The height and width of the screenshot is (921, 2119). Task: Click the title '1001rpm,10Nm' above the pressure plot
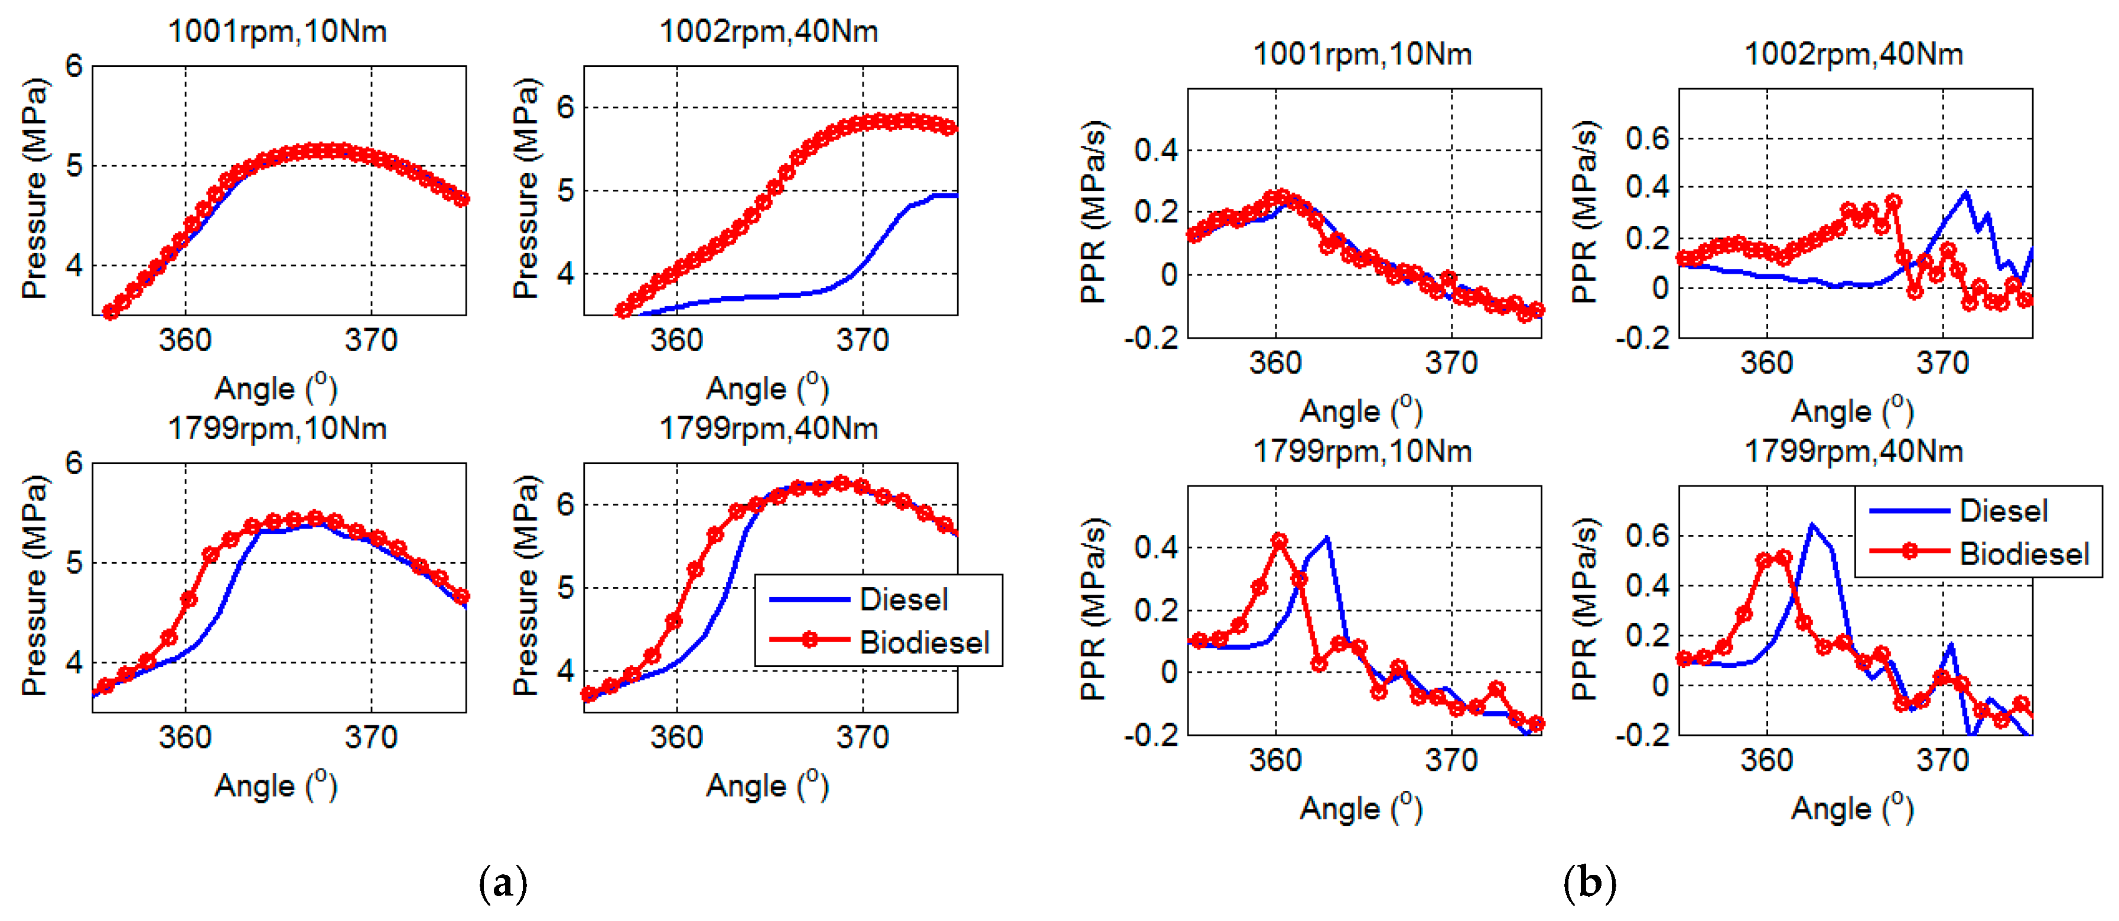(x=277, y=31)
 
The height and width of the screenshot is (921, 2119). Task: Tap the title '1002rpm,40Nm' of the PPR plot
(x=1853, y=54)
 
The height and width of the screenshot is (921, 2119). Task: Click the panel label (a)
(x=503, y=883)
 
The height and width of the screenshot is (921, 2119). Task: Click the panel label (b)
(x=1589, y=883)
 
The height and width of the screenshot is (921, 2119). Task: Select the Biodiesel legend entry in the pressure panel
(x=923, y=642)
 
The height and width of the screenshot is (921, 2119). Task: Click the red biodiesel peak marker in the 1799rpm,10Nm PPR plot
(x=1279, y=541)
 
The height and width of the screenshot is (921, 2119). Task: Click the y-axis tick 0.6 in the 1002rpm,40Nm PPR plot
(x=1648, y=138)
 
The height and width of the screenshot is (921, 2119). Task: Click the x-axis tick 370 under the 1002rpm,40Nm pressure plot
(x=862, y=340)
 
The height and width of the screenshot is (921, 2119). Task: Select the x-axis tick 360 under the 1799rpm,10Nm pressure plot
(x=185, y=738)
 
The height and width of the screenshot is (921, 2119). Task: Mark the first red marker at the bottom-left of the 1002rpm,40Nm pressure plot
(x=623, y=310)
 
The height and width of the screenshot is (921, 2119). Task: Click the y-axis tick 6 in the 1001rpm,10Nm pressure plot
(x=75, y=66)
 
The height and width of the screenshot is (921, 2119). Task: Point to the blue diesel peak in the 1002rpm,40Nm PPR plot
(x=1966, y=193)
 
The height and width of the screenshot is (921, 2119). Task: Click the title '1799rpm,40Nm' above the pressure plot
(x=769, y=429)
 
